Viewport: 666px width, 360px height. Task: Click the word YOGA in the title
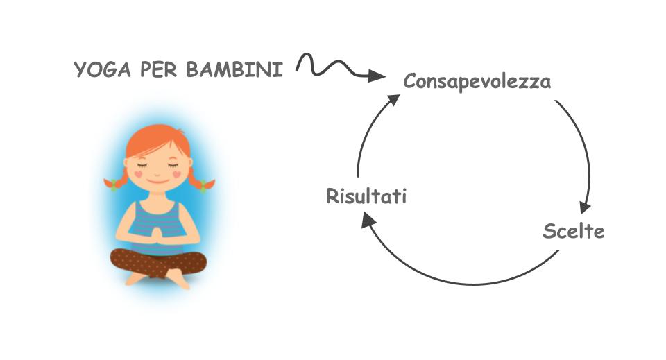point(102,69)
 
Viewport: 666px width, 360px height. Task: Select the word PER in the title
point(158,69)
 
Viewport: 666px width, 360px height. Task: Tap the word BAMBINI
point(235,69)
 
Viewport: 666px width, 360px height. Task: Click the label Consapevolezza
point(477,81)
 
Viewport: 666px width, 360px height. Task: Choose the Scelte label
point(574,231)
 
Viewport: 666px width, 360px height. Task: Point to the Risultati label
point(366,196)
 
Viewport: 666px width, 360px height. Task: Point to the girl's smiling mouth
point(158,182)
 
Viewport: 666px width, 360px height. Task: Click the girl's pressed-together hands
point(157,235)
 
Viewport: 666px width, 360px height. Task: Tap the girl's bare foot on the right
point(178,278)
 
